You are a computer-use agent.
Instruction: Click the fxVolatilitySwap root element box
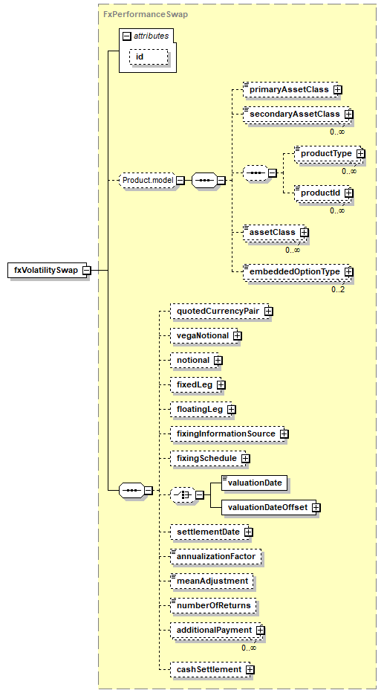point(48,270)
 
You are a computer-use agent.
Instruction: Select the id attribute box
point(149,57)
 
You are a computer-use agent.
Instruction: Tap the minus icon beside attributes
point(127,36)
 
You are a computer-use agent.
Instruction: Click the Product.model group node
point(148,181)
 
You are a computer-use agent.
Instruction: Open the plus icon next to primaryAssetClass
point(338,90)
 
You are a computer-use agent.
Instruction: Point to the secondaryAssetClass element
point(296,114)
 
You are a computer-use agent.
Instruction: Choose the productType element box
point(328,154)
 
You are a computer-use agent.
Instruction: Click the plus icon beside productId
point(349,193)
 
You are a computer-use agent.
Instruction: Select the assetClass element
point(273,232)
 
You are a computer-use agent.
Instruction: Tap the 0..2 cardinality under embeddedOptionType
point(338,289)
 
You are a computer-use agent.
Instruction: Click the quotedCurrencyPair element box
point(219,311)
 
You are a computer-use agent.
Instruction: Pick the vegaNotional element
point(204,336)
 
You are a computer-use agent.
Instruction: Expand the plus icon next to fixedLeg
point(221,385)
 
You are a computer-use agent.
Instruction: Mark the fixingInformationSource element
point(227,434)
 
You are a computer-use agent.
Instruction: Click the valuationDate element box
point(255,483)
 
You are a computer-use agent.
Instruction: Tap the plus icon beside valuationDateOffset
point(316,508)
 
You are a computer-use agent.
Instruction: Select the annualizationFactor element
point(216,556)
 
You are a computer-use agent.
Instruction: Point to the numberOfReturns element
point(214,605)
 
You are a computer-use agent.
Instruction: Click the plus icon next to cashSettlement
point(250,670)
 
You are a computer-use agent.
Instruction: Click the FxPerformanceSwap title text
point(146,14)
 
